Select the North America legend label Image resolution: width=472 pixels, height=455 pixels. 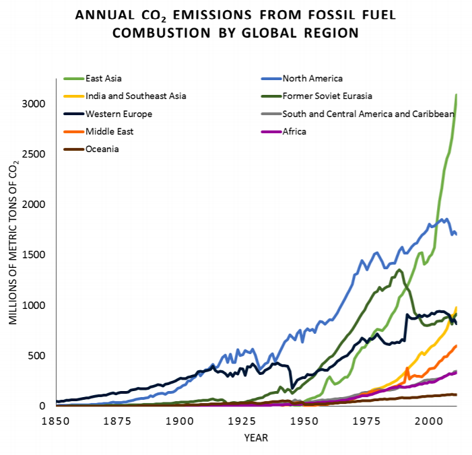[312, 79]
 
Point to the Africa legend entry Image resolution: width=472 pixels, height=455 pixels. [294, 131]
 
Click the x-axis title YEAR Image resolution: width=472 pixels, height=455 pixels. [255, 438]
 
